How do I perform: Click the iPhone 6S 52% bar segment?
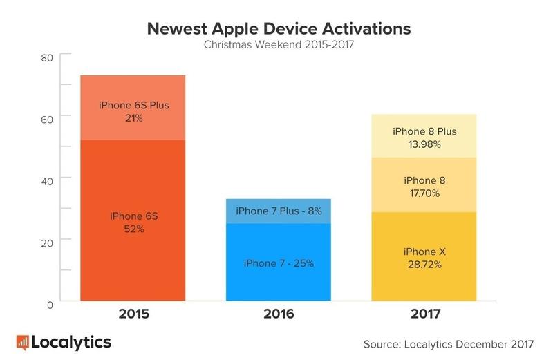tap(133, 221)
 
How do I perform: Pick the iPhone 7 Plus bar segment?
tap(278, 211)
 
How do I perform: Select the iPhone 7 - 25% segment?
tap(278, 263)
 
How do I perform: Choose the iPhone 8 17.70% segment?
tap(424, 184)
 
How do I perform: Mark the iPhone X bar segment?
tap(424, 257)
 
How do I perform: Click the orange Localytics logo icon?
tap(22, 341)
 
